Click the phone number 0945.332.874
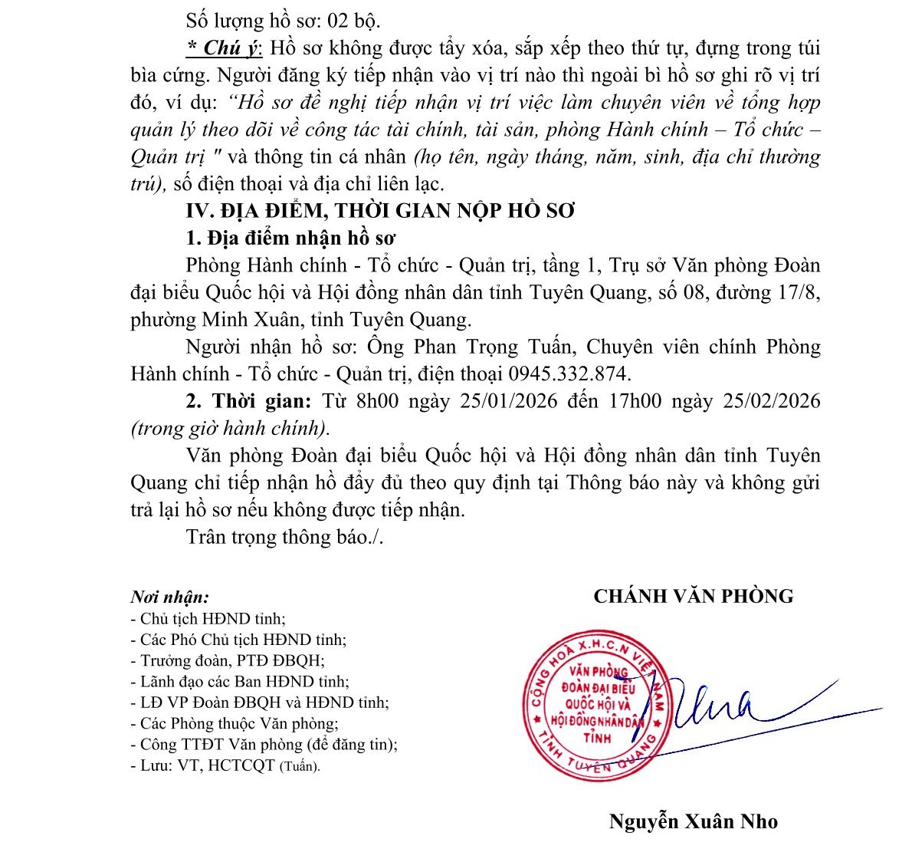(567, 374)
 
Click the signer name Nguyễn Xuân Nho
(693, 822)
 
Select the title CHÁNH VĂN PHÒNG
(693, 596)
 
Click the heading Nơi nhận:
(169, 597)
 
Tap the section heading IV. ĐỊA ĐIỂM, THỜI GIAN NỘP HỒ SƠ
(380, 211)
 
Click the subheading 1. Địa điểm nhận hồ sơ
(290, 239)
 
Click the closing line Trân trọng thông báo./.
(284, 537)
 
